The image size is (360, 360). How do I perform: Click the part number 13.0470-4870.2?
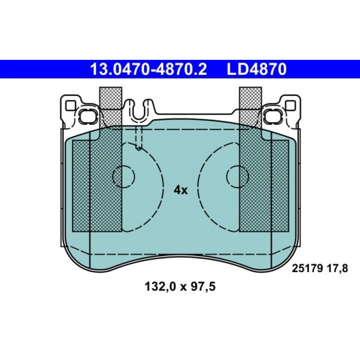point(149,69)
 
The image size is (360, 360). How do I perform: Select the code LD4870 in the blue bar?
point(257,69)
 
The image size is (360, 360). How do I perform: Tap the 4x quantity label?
point(180,190)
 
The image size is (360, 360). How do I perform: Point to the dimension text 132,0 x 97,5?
point(180,287)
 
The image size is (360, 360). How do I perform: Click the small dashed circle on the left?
point(123,176)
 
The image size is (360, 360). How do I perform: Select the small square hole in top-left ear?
point(71,105)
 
